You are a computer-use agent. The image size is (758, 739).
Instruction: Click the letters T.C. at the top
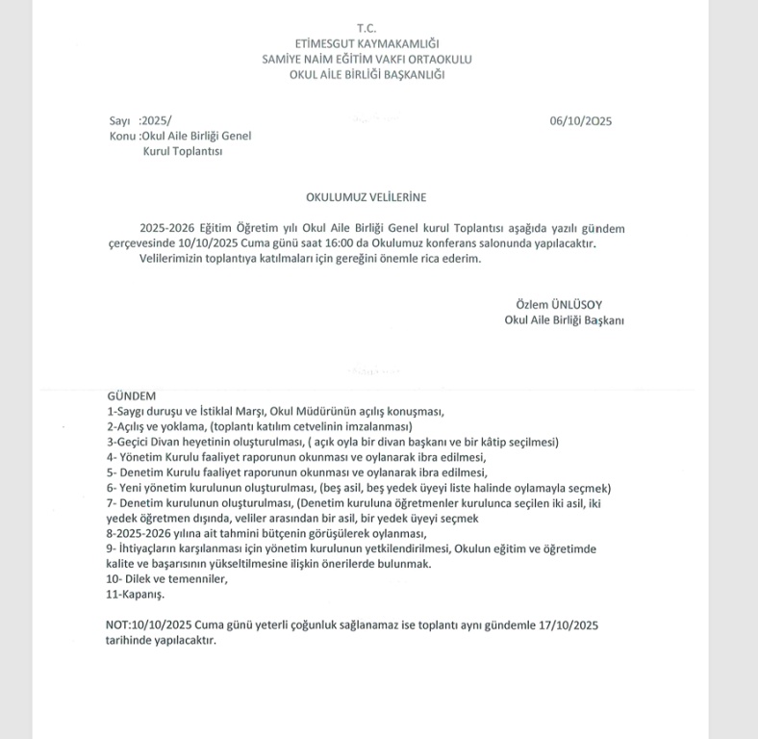(x=366, y=29)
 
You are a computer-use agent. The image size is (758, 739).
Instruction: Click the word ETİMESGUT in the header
(x=329, y=44)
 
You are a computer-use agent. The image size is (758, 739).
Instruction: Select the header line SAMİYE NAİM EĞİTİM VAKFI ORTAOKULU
(x=366, y=60)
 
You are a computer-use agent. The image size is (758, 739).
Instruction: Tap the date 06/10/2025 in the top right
(x=581, y=121)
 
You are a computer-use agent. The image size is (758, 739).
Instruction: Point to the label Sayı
(x=119, y=121)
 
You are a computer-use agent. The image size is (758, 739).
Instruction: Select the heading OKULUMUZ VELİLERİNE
(x=366, y=197)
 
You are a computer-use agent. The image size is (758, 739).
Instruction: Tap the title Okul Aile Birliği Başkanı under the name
(x=564, y=320)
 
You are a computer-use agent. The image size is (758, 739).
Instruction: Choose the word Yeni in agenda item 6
(x=131, y=488)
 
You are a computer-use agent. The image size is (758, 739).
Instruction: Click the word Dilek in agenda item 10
(x=138, y=580)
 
